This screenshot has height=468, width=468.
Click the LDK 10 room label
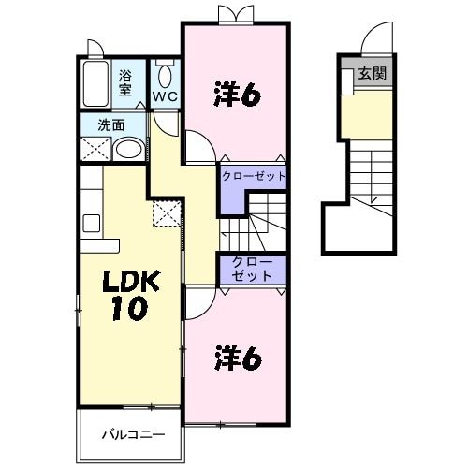[x=124, y=294]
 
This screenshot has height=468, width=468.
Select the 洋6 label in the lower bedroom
[x=236, y=358]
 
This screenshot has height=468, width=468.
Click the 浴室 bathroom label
[x=124, y=83]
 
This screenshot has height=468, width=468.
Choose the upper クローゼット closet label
[x=253, y=175]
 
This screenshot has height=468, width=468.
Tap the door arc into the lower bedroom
[x=200, y=301]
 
